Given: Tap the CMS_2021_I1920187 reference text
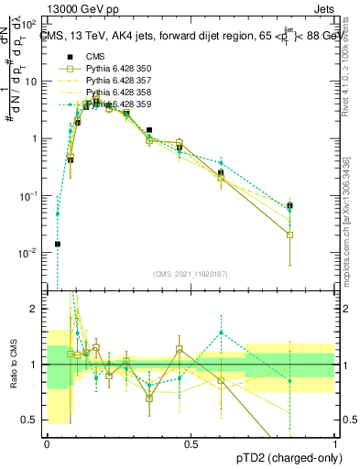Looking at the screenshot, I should coord(191,274).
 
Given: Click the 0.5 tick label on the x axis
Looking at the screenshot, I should coord(191,443).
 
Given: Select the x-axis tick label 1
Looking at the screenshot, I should coord(335,443).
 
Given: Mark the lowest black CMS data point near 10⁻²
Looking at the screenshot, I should coord(57,244).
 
